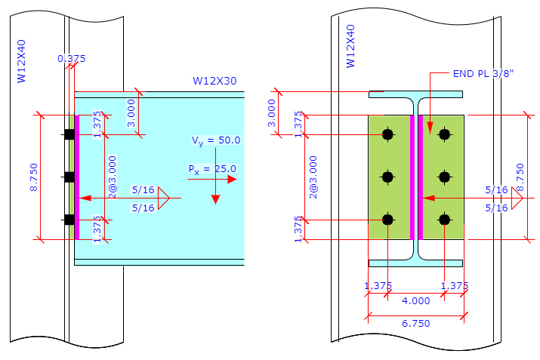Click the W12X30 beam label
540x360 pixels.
[214, 81]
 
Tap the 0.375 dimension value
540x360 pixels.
[71, 59]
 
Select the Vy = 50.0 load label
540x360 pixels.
[216, 140]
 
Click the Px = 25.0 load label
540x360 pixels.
[212, 169]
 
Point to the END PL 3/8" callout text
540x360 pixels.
[483, 74]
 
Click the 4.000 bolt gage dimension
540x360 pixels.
[415, 301]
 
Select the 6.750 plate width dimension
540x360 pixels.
[415, 324]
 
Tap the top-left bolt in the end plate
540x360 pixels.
[387, 134]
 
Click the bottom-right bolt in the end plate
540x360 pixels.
[444, 219]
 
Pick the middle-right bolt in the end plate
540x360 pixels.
[444, 177]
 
